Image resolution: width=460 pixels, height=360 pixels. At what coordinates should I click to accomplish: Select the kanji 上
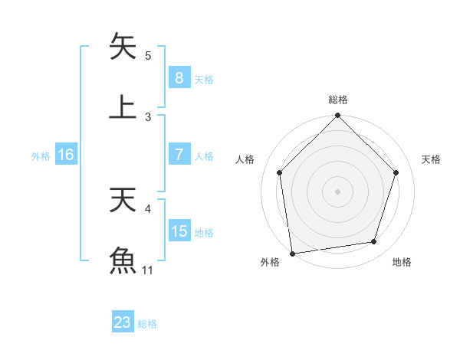[123, 106]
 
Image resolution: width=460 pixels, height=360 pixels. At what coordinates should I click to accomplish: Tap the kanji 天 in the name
[123, 200]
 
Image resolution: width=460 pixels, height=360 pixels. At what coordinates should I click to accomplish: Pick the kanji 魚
[123, 260]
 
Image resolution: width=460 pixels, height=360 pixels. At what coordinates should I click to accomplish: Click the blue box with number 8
[179, 78]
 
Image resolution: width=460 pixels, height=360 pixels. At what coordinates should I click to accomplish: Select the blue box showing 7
[179, 155]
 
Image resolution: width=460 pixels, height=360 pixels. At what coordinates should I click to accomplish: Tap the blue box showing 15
[179, 231]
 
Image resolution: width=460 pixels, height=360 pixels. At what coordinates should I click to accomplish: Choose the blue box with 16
[66, 155]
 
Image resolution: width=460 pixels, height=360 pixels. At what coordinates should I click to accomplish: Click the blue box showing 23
[123, 322]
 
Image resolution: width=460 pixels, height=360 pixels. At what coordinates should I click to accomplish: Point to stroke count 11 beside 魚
[148, 270]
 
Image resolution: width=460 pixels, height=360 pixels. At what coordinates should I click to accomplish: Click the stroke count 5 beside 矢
[148, 56]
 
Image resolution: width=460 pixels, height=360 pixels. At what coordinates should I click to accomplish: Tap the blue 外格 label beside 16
[41, 156]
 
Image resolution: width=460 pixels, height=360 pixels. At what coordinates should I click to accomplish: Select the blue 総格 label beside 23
[147, 324]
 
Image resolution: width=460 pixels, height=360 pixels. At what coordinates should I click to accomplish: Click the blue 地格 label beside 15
[204, 233]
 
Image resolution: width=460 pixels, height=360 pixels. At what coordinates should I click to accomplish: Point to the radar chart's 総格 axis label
[338, 100]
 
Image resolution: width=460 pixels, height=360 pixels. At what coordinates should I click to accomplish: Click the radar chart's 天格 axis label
[431, 159]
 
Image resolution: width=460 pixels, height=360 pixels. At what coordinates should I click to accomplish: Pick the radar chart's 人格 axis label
[245, 159]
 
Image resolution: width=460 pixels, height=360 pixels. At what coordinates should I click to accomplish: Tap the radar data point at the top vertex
[338, 116]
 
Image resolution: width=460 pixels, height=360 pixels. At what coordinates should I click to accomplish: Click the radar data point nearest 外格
[292, 253]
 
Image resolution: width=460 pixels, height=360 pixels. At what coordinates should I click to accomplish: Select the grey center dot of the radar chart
[338, 191]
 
